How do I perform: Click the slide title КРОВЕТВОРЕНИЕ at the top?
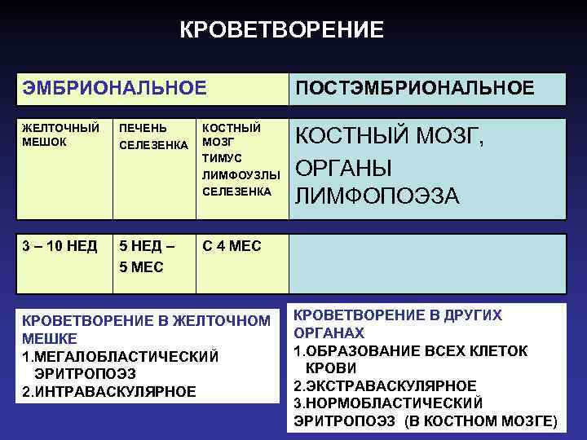(281, 31)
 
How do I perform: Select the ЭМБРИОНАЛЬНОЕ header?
(114, 87)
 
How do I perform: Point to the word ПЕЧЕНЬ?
(143, 128)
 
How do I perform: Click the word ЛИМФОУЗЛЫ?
(241, 174)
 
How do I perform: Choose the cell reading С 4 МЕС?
(232, 246)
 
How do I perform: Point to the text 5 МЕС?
(141, 266)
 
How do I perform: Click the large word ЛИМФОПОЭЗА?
(377, 196)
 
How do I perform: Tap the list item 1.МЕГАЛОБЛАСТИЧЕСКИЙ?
(121, 356)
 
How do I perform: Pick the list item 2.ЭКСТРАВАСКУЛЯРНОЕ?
(385, 385)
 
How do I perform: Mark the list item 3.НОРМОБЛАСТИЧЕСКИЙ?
(388, 403)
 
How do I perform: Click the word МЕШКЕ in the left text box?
(50, 338)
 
